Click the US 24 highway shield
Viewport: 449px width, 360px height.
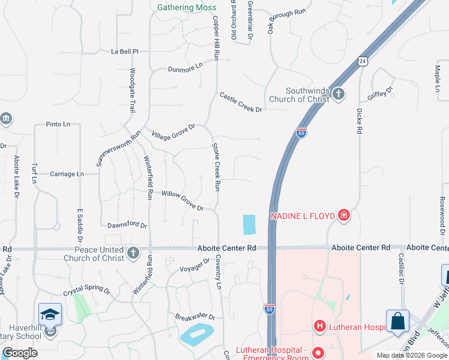(x=361, y=61)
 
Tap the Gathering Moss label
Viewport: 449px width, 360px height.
(x=187, y=8)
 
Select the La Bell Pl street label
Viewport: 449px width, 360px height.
(x=125, y=52)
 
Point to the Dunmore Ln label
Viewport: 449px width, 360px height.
(x=186, y=70)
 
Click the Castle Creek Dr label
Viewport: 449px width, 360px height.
(x=241, y=103)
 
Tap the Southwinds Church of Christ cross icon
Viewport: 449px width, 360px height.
(x=339, y=94)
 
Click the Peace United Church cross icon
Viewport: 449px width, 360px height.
(x=133, y=254)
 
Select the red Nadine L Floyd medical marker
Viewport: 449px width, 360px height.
(x=343, y=215)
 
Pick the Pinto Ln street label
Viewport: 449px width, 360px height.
(x=58, y=124)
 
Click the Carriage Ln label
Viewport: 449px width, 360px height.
(x=67, y=174)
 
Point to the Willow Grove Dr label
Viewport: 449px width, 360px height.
(x=182, y=200)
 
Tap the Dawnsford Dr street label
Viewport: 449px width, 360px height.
(x=127, y=225)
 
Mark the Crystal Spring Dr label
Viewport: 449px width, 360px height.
(x=87, y=291)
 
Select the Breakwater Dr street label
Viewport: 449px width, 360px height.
(x=195, y=317)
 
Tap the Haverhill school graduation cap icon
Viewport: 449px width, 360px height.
(x=50, y=314)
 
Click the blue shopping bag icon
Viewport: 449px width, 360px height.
(x=398, y=320)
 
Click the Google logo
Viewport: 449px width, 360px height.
(x=20, y=353)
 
